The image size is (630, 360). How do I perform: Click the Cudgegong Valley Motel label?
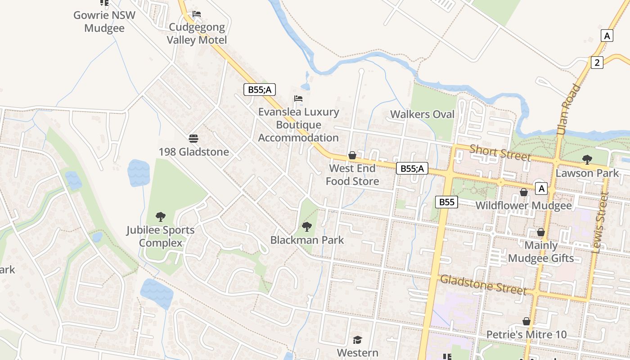pyautogui.click(x=197, y=34)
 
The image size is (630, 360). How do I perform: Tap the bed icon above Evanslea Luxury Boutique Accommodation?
pyautogui.click(x=298, y=99)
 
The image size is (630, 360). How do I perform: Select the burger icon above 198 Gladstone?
pyautogui.click(x=193, y=138)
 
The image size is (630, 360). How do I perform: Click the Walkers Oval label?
pyautogui.click(x=422, y=114)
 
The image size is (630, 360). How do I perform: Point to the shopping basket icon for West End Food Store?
pyautogui.click(x=352, y=155)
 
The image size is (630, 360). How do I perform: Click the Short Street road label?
pyautogui.click(x=500, y=153)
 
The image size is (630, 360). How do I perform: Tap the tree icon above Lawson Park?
pyautogui.click(x=587, y=159)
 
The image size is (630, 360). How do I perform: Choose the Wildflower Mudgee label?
pyautogui.click(x=523, y=206)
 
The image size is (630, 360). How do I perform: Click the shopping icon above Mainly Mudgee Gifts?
pyautogui.click(x=541, y=232)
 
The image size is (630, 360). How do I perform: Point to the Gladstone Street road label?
pyautogui.click(x=483, y=284)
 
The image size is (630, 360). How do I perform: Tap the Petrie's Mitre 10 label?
pyautogui.click(x=526, y=335)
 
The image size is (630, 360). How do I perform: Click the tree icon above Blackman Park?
pyautogui.click(x=307, y=226)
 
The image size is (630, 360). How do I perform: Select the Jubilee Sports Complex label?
pyautogui.click(x=160, y=236)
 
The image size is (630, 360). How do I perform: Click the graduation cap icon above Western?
pyautogui.click(x=357, y=340)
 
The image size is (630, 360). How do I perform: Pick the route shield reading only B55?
pyautogui.click(x=446, y=202)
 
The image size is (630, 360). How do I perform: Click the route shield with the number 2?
pyautogui.click(x=597, y=63)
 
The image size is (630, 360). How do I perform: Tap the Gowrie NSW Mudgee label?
pyautogui.click(x=104, y=21)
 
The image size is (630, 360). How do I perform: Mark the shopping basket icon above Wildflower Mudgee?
pyautogui.click(x=523, y=193)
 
